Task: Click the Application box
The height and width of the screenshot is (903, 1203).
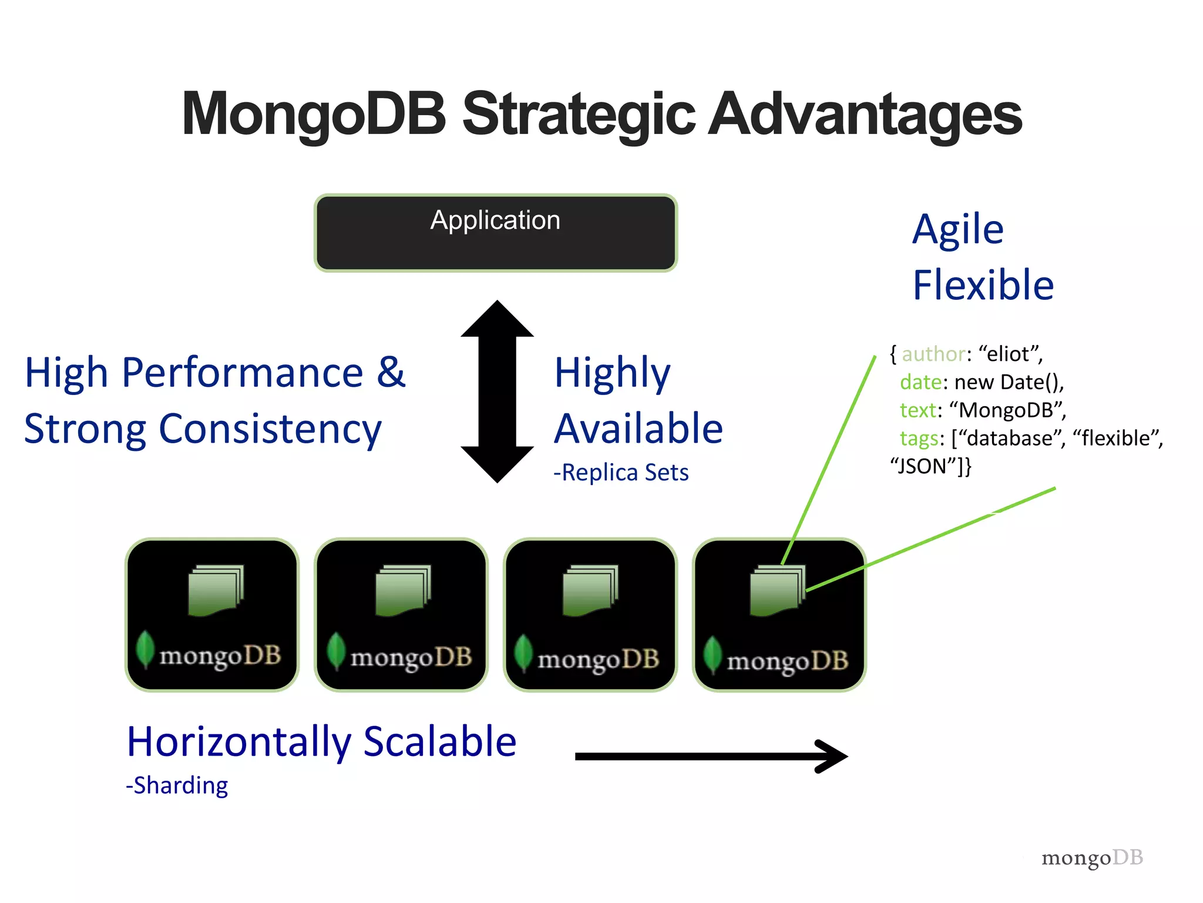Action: (495, 233)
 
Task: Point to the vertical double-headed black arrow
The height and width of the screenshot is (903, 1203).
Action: (497, 392)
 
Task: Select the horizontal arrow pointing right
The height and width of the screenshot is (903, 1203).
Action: (711, 756)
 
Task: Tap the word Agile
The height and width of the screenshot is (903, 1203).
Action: (957, 229)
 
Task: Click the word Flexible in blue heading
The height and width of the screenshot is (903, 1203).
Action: (983, 285)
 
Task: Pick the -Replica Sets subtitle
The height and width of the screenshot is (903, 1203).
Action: (621, 473)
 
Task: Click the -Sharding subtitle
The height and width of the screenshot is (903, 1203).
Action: (177, 785)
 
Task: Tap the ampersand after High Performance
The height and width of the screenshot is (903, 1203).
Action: (391, 372)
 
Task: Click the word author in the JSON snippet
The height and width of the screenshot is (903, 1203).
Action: (933, 354)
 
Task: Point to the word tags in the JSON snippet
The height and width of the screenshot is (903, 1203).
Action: (919, 439)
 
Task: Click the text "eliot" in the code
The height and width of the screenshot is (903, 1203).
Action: (1009, 354)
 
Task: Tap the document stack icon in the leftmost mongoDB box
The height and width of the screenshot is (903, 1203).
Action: (215, 590)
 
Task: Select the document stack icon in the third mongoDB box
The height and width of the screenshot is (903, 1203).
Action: (590, 590)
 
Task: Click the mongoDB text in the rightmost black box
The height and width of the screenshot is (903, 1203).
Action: (787, 661)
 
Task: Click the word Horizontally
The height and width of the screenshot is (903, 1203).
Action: (238, 742)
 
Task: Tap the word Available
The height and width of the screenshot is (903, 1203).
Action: (639, 429)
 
